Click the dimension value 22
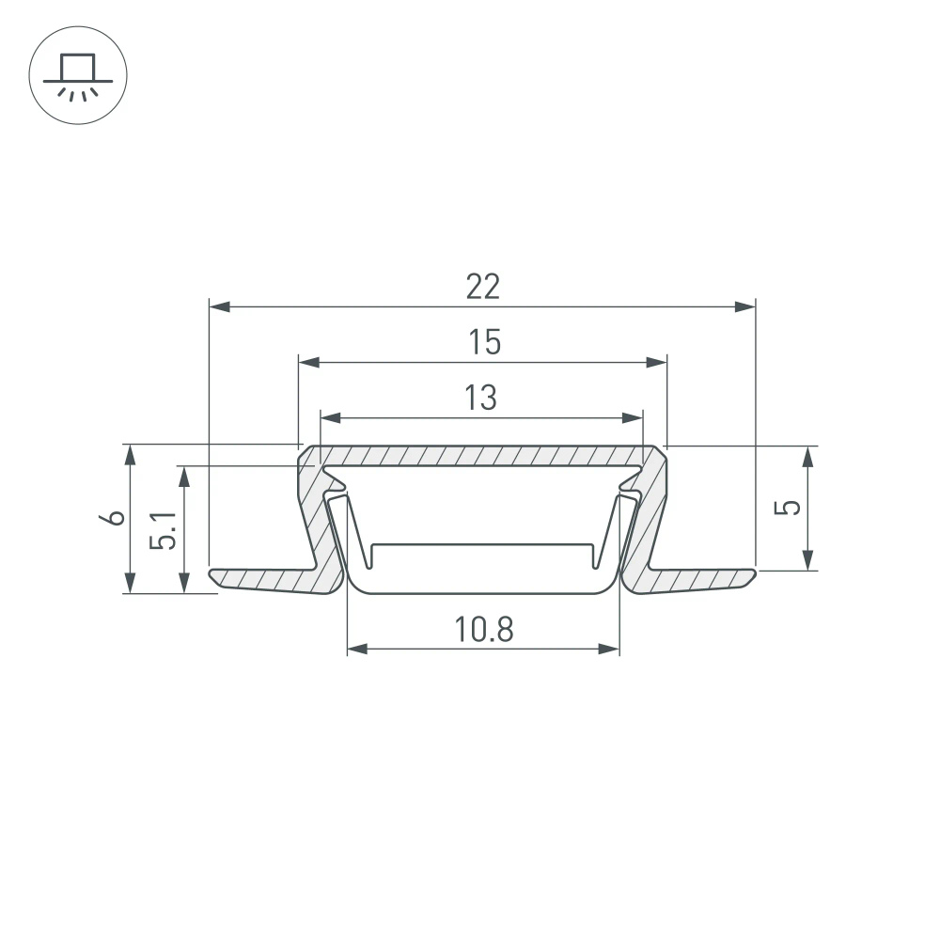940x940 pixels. click(x=483, y=287)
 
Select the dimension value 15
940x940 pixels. click(x=484, y=343)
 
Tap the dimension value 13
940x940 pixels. click(x=480, y=398)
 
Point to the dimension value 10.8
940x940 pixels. click(x=484, y=629)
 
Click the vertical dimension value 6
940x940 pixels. click(x=116, y=518)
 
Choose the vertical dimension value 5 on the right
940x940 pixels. click(x=792, y=507)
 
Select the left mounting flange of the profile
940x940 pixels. click(x=263, y=579)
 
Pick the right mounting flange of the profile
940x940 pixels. click(x=700, y=579)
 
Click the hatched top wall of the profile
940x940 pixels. click(x=481, y=456)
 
